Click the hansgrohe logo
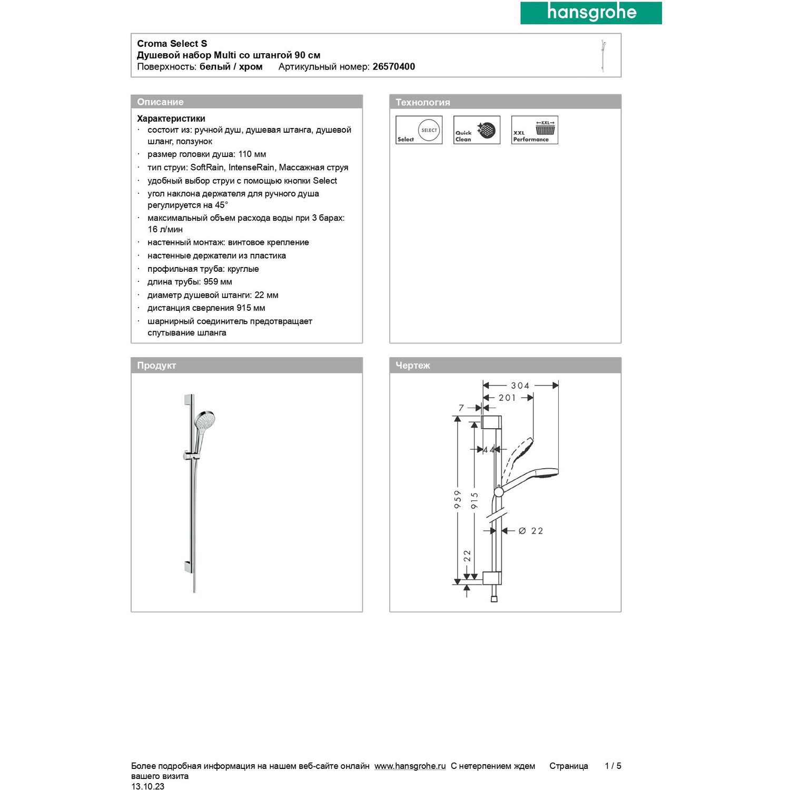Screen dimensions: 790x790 tap(591, 13)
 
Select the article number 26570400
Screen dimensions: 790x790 tap(393, 67)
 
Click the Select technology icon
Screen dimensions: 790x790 tap(419, 130)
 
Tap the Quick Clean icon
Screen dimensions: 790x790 tap(477, 130)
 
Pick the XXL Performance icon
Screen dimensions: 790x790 tap(535, 130)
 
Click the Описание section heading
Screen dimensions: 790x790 tap(160, 102)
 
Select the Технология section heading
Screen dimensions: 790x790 tap(422, 102)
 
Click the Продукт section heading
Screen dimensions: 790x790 tap(156, 366)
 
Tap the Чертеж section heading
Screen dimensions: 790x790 tap(413, 366)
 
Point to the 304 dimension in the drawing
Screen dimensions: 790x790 tap(520, 386)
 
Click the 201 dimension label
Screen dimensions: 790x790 tap(507, 398)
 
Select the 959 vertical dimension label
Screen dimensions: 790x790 tap(458, 499)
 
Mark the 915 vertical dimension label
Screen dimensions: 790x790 tap(475, 500)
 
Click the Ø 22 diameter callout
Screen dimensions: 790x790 tap(531, 531)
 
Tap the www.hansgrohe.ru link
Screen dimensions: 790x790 tap(410, 766)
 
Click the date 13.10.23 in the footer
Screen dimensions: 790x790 tap(147, 786)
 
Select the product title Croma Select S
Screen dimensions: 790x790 tap(172, 44)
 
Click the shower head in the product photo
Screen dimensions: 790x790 tap(204, 421)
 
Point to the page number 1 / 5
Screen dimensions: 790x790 tap(613, 766)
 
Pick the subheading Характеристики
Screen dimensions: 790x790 tap(171, 118)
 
